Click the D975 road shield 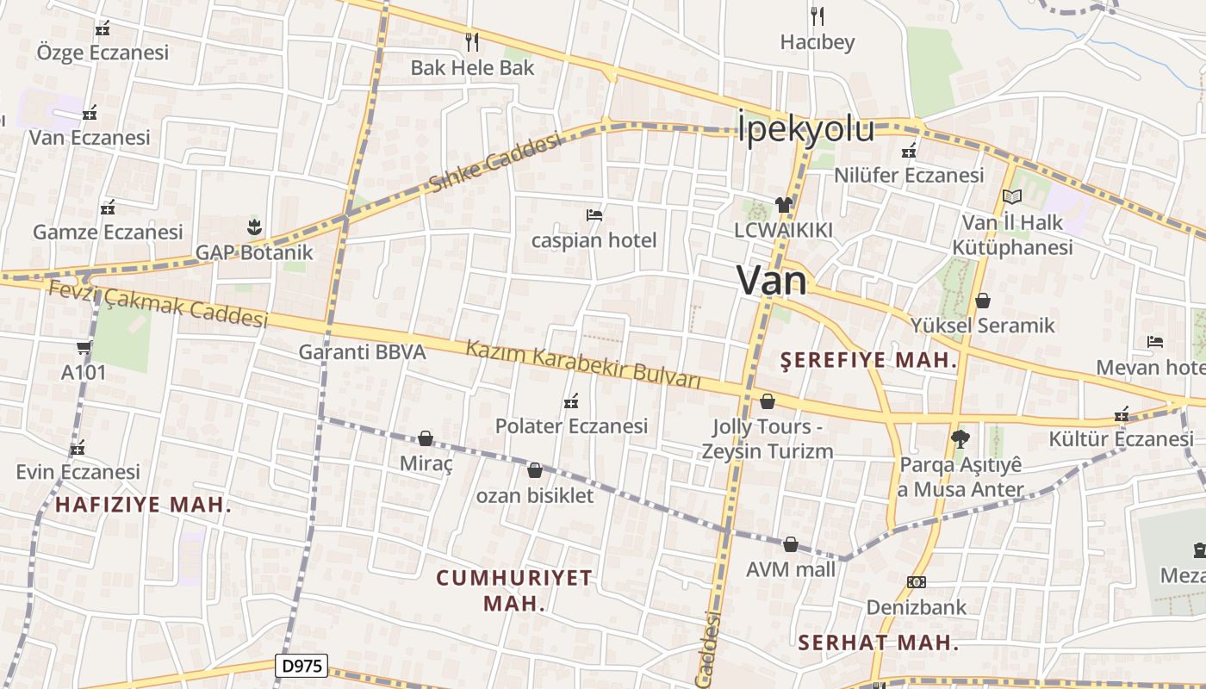301,666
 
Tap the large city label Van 773,281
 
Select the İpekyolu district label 805,129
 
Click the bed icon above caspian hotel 594,214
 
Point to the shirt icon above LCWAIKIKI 783,204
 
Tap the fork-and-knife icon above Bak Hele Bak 471,40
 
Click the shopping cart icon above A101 84,347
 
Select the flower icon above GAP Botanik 253,227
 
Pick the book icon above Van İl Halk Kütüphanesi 1012,197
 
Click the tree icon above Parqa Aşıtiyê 960,439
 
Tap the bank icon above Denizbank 916,582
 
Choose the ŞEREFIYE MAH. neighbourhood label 868,361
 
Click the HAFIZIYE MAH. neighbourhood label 143,505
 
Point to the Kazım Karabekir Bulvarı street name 583,365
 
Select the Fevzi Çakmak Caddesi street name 158,304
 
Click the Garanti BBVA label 362,351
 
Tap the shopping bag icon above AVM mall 790,544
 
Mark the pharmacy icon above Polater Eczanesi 570,400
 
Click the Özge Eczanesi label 103,53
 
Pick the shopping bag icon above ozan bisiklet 534,470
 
